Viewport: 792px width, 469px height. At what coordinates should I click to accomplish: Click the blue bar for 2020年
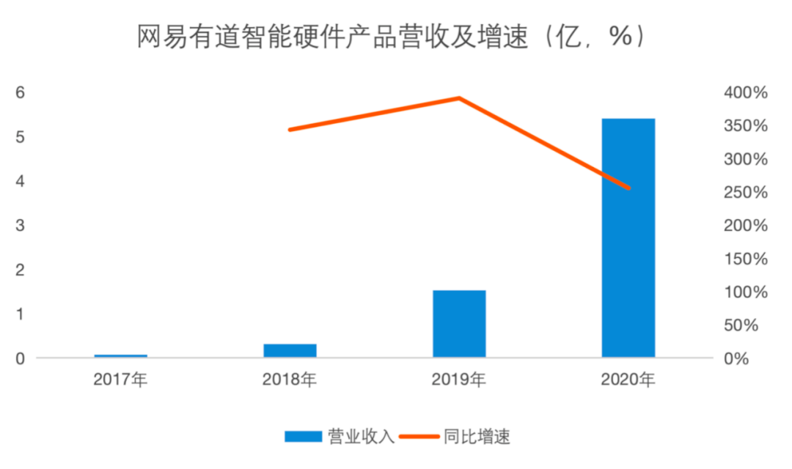click(628, 238)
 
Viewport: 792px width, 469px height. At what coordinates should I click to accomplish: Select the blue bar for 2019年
click(459, 324)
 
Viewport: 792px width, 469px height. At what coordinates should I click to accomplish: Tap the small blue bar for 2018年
click(290, 350)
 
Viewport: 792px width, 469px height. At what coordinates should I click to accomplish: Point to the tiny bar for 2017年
click(121, 355)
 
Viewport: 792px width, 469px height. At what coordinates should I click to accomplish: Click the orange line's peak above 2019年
click(459, 97)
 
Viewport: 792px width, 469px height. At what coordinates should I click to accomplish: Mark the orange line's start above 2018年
click(290, 130)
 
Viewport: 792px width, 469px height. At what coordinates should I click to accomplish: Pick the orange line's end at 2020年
click(628, 188)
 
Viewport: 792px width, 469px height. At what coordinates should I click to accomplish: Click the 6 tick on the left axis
click(21, 92)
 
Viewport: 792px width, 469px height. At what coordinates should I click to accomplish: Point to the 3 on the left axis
click(21, 226)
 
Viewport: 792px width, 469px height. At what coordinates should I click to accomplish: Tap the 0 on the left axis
click(21, 358)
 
